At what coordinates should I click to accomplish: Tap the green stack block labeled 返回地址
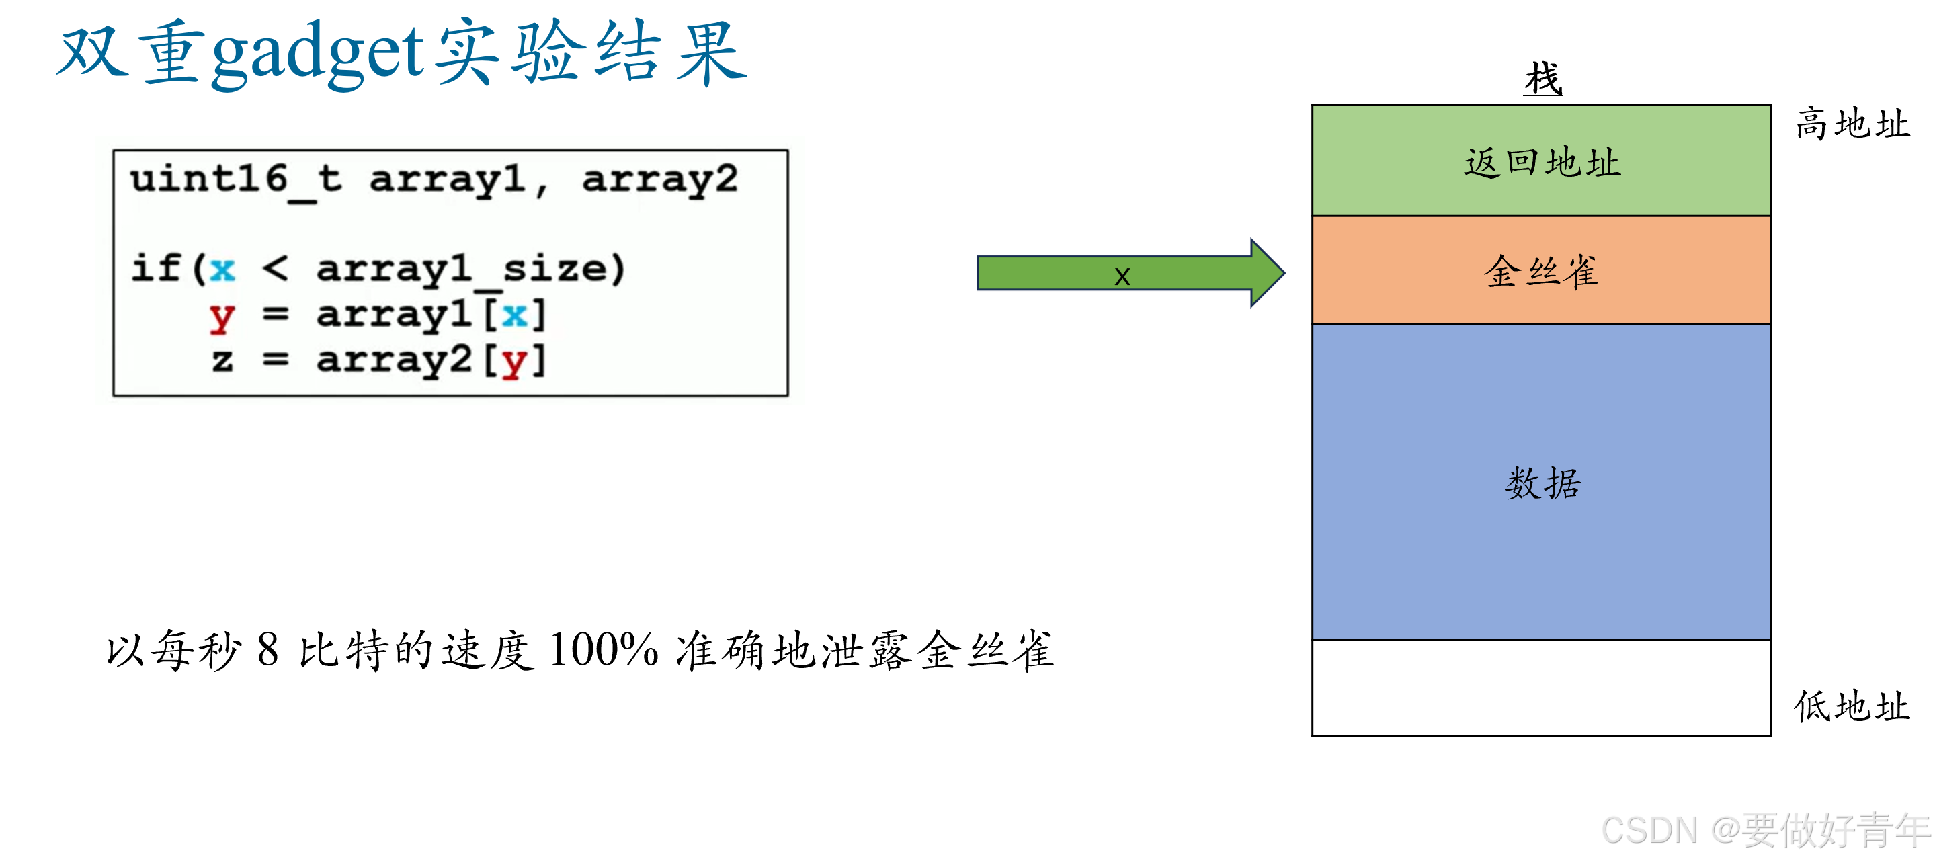point(1540,161)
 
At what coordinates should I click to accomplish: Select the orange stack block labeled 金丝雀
point(1540,270)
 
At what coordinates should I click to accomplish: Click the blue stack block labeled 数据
point(1540,482)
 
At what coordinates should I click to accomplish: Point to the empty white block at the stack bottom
point(1540,688)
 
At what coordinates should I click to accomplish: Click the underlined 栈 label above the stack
point(1543,79)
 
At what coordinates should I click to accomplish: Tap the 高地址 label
point(1852,124)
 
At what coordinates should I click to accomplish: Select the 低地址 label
point(1852,706)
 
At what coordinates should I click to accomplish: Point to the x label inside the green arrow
point(1122,276)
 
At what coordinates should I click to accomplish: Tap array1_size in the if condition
point(470,269)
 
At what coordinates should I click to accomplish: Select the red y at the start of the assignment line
point(222,316)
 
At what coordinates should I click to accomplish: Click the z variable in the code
point(222,360)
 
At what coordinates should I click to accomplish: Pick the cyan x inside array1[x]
point(515,315)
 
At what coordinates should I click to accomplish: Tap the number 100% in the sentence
point(603,650)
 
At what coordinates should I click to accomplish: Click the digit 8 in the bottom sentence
point(268,650)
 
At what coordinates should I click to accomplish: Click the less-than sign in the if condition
point(275,269)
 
